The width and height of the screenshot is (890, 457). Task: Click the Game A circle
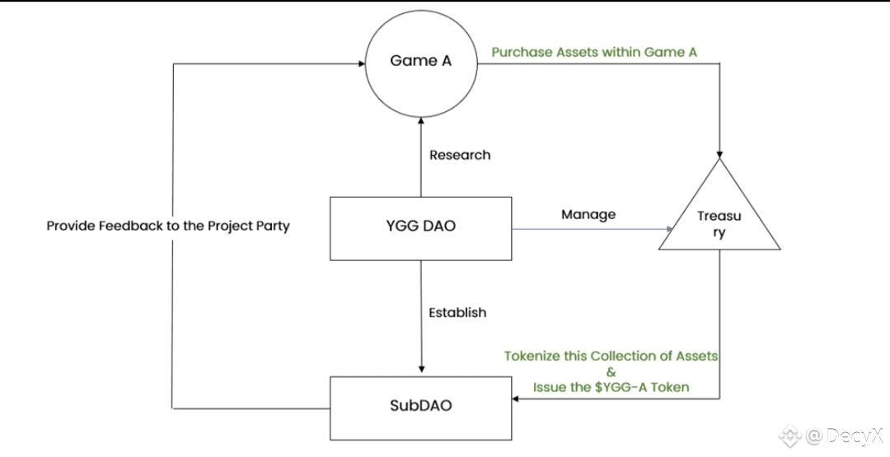pyautogui.click(x=420, y=61)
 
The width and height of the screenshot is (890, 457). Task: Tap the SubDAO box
pyautogui.click(x=420, y=406)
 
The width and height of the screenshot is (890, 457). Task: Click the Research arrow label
pyautogui.click(x=460, y=155)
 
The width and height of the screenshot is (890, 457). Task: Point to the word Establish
pyautogui.click(x=457, y=312)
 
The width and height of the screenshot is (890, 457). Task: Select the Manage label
pyautogui.click(x=588, y=215)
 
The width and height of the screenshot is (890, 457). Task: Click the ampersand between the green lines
pyautogui.click(x=611, y=371)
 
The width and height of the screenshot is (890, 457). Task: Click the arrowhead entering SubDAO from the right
pyautogui.click(x=517, y=399)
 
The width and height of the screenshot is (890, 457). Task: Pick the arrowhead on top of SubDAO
pyautogui.click(x=421, y=370)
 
